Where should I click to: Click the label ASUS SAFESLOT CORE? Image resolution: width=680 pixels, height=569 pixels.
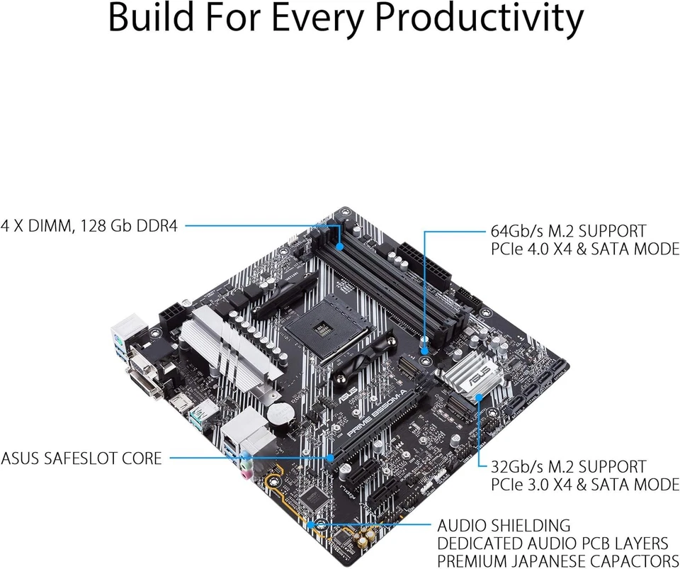tap(81, 458)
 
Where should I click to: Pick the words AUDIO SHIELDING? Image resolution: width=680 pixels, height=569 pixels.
tap(504, 525)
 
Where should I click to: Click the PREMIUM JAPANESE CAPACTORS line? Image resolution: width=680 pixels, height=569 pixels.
tap(557, 560)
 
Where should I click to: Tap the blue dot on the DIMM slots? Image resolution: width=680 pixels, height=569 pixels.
tap(341, 247)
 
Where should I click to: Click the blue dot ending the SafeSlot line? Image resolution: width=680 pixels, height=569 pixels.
tap(331, 458)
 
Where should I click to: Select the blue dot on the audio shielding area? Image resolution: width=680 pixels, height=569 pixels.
tap(311, 525)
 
